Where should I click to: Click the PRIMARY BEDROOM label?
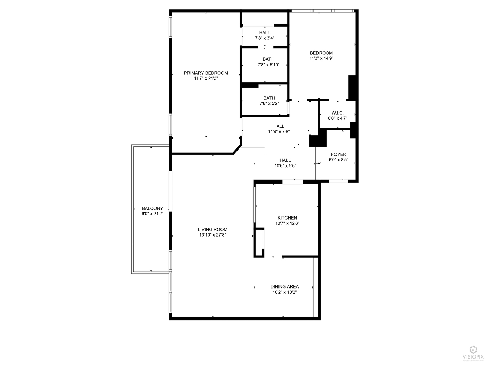pyautogui.click(x=206, y=73)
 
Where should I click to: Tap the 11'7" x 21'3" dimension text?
pyautogui.click(x=206, y=78)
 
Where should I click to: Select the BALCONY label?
pyautogui.click(x=152, y=208)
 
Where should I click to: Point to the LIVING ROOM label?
pyautogui.click(x=213, y=229)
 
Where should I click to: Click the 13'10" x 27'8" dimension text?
pyautogui.click(x=213, y=235)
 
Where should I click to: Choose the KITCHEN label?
pyautogui.click(x=287, y=218)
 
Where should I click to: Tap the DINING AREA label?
pyautogui.click(x=284, y=286)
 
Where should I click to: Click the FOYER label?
pyautogui.click(x=339, y=154)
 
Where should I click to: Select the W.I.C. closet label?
pyautogui.click(x=338, y=113)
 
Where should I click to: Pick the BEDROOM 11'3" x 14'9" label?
pyautogui.click(x=321, y=53)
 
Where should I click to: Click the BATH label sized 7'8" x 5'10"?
pyautogui.click(x=268, y=59)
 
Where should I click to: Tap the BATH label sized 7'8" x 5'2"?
pyautogui.click(x=269, y=98)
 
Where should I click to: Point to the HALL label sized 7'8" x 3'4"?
pyautogui.click(x=265, y=33)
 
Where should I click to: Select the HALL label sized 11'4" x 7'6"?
pyautogui.click(x=279, y=126)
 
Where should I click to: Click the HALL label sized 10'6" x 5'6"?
pyautogui.click(x=285, y=160)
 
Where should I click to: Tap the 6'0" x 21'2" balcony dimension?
pyautogui.click(x=152, y=214)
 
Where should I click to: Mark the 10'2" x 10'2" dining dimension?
pyautogui.click(x=284, y=292)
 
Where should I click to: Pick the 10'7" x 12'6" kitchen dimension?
pyautogui.click(x=287, y=223)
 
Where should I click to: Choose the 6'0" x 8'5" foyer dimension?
pyautogui.click(x=339, y=160)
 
